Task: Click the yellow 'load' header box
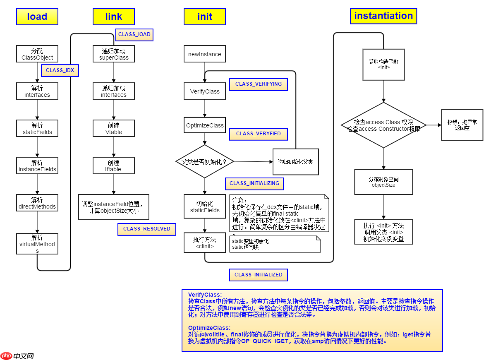[x=37, y=17]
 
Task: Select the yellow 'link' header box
[x=114, y=17]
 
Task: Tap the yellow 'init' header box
[x=205, y=17]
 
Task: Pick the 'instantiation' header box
[x=383, y=16]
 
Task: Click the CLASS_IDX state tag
[x=60, y=70]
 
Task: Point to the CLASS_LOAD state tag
[x=134, y=34]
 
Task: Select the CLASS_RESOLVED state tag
[x=147, y=229]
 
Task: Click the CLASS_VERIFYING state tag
[x=259, y=84]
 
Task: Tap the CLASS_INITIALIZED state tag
[x=259, y=275]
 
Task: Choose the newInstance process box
[x=205, y=54]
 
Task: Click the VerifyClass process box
[x=205, y=91]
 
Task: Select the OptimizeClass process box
[x=205, y=125]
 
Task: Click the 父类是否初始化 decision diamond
[x=205, y=161]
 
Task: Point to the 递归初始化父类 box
[x=295, y=162]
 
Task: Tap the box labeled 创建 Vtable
[x=114, y=129]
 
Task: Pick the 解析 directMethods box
[x=37, y=203]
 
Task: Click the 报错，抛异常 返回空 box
[x=462, y=125]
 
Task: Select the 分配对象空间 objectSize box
[x=383, y=182]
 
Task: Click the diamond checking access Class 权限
[x=383, y=125]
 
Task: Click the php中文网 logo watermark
[x=17, y=355]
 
